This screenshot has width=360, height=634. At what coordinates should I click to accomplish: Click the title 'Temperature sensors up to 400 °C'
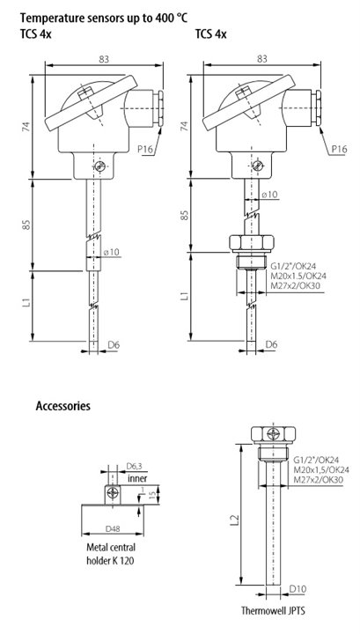coord(104,18)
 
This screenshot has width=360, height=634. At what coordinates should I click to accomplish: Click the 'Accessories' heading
coord(63,406)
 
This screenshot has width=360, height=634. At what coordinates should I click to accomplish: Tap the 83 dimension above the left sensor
coord(104,59)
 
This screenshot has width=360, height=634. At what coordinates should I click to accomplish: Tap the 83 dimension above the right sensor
coord(261,59)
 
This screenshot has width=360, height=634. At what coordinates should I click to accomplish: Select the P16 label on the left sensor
coord(145,149)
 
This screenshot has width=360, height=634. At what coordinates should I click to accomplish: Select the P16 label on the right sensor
coord(340,149)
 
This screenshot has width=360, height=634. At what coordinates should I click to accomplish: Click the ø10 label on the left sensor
coord(111,253)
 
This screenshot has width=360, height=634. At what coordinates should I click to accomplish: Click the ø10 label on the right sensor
coord(269,195)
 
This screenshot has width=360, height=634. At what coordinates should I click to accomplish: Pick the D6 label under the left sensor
coord(114,344)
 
